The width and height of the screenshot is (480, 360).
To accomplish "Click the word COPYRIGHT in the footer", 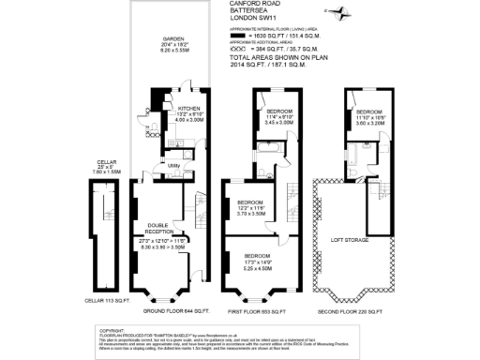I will pos(112,330).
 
